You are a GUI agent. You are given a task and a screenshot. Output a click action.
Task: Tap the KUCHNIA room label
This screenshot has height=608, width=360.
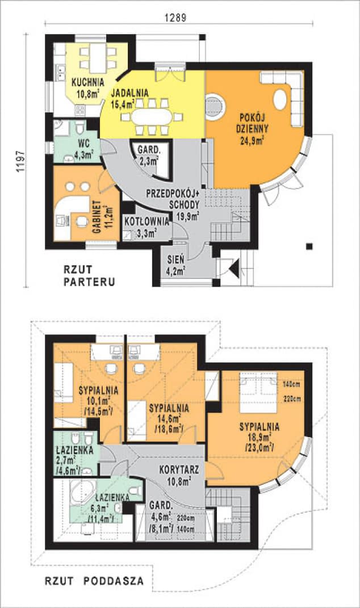[87, 81]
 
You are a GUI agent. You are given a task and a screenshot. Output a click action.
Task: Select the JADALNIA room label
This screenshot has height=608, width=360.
[129, 93]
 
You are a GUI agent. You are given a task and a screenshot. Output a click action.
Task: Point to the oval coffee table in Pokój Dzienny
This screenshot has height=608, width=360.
[281, 99]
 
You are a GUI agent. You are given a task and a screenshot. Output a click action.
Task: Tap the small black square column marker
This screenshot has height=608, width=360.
[309, 246]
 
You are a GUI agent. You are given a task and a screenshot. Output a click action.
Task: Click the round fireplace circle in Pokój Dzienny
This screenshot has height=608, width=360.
[215, 106]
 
